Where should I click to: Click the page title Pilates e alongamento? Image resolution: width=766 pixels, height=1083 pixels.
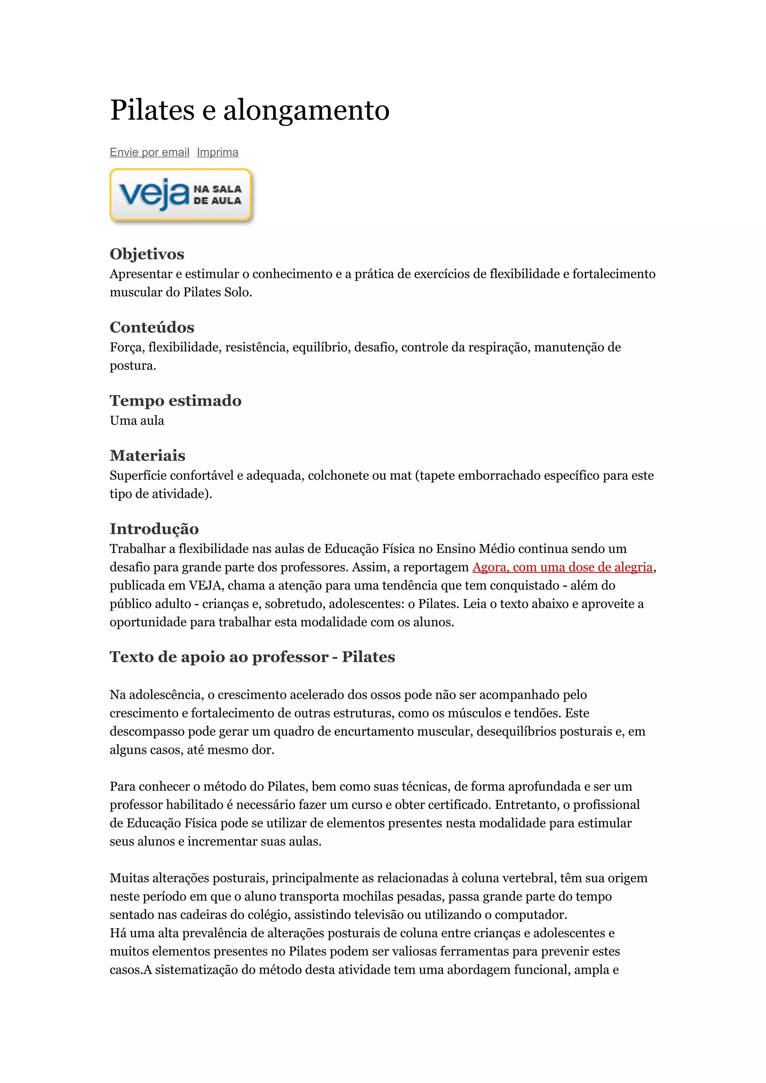pos(250,110)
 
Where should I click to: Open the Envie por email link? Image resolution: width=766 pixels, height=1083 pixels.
pos(149,152)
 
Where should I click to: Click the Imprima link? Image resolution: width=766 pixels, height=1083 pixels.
pos(218,152)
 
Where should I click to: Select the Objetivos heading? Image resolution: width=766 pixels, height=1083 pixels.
pos(147,254)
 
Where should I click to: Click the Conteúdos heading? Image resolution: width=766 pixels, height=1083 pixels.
pos(152,327)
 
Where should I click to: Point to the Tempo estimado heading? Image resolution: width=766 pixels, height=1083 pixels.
pos(175,401)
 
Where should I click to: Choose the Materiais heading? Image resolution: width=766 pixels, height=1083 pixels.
pos(147,456)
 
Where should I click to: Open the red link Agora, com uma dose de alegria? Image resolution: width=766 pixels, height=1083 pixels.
pos(562,567)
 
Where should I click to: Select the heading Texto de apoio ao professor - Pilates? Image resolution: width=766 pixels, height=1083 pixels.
pos(252,657)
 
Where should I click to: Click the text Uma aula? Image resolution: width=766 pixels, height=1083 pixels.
pos(137,421)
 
